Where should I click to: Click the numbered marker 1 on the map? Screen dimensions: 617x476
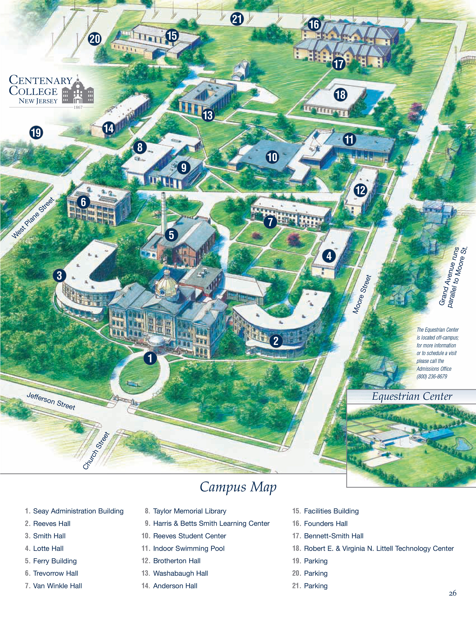150,358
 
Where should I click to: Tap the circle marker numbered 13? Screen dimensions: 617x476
208,115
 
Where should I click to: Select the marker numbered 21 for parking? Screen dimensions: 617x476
237,19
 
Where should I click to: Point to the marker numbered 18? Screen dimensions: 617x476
341,95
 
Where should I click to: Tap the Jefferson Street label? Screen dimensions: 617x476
51,401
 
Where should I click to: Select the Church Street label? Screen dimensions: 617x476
96,451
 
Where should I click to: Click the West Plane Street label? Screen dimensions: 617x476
33,218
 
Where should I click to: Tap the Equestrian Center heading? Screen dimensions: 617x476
412,396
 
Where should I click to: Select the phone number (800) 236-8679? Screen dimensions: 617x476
432,377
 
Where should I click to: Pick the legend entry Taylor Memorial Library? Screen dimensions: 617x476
189,511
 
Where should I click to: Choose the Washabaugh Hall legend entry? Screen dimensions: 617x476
180,573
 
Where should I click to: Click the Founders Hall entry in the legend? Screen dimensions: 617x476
326,523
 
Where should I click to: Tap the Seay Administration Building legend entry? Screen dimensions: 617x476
78,511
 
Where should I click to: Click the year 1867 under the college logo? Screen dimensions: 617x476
78,107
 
